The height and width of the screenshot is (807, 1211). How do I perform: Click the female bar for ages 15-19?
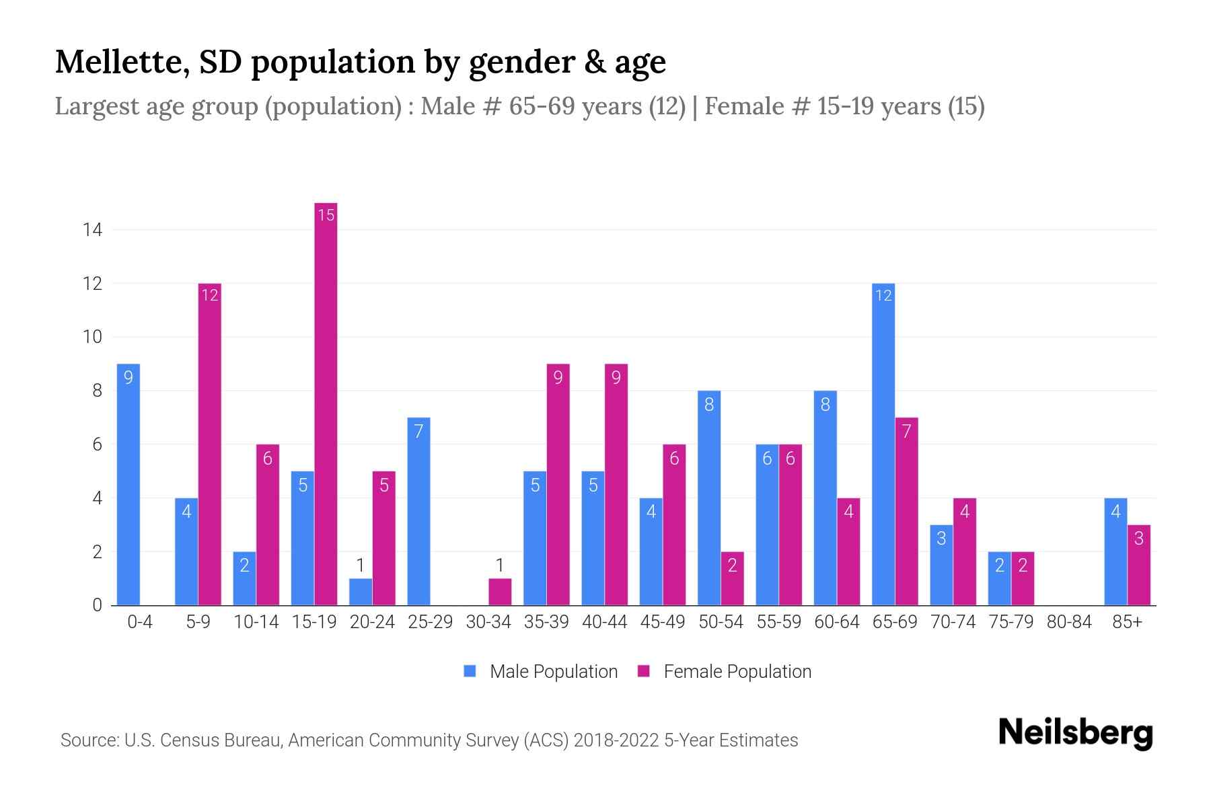[326, 403]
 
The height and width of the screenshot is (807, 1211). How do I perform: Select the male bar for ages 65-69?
[883, 444]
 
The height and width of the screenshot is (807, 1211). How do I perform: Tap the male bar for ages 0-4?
[128, 484]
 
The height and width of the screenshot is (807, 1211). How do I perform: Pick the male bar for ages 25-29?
[418, 511]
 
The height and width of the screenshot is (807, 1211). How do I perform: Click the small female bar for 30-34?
[500, 592]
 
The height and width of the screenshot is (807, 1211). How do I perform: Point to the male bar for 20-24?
[361, 592]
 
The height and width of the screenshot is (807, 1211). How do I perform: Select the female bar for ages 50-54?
[732, 578]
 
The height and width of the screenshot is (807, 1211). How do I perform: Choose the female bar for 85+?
[1138, 565]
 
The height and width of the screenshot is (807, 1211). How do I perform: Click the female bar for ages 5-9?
[210, 444]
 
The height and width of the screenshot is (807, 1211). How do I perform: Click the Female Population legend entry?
[725, 671]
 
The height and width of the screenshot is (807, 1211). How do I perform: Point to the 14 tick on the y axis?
[92, 230]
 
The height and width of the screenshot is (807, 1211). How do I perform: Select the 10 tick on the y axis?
[92, 337]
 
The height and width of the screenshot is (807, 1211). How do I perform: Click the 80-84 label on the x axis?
[1069, 622]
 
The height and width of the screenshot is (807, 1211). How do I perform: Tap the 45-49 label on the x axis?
[663, 622]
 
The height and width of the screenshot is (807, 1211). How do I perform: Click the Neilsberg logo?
[1075, 733]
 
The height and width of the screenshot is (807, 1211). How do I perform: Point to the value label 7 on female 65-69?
[906, 431]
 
